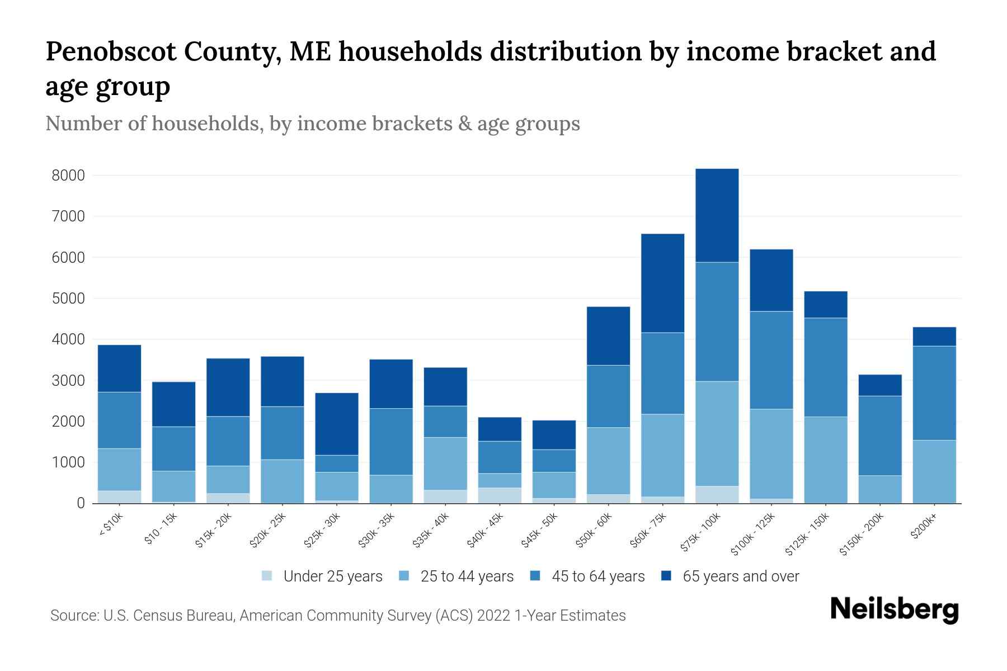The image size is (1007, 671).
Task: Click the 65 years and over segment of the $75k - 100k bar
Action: (717, 215)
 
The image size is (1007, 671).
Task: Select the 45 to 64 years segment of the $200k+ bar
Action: (934, 393)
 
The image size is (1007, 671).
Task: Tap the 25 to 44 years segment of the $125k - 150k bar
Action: (825, 460)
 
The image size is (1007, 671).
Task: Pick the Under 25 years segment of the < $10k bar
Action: (119, 497)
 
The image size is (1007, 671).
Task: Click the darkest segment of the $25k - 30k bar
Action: (337, 424)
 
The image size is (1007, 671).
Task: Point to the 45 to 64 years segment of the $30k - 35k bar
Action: (391, 442)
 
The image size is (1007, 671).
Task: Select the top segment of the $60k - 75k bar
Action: (662, 283)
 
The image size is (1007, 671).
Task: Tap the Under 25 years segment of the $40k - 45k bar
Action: (500, 495)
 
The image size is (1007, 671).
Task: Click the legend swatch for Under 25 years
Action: (267, 576)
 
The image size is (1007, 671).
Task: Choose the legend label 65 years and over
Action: (741, 576)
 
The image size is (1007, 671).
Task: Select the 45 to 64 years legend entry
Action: (597, 576)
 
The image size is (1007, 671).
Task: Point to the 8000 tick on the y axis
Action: (68, 176)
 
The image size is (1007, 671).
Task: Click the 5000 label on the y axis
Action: (68, 299)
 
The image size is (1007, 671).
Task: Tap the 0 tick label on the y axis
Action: (81, 503)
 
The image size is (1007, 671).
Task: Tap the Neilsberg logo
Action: (894, 609)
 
